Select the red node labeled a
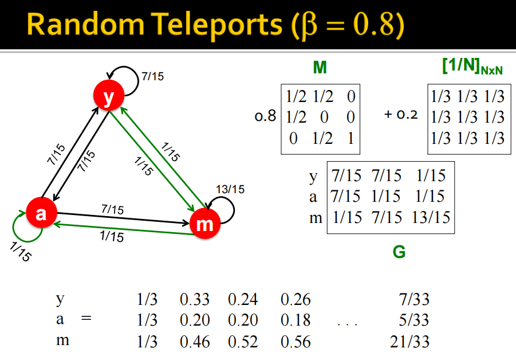tap(41, 214)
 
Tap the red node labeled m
tap(204, 224)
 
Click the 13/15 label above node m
tap(230, 189)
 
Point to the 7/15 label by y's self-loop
tap(152, 76)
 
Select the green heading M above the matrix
tap(320, 68)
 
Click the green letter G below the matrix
tap(399, 252)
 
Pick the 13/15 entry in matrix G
tap(430, 217)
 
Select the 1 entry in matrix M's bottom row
tap(351, 138)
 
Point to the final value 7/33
tap(413, 299)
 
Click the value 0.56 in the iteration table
tap(296, 342)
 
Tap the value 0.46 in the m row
tap(195, 342)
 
